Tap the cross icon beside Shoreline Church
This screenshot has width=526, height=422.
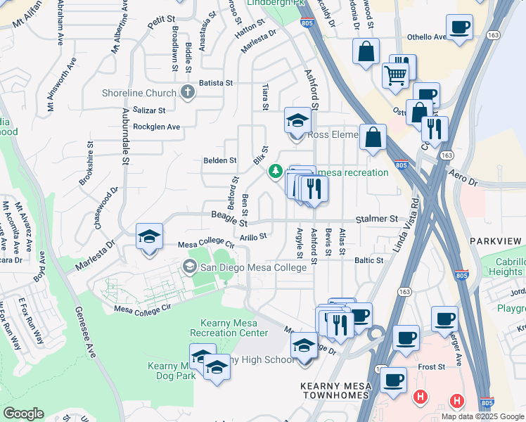[187, 92]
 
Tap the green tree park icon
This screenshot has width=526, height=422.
[276, 171]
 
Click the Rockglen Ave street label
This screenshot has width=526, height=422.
[158, 127]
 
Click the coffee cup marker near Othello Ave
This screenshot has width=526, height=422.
[459, 27]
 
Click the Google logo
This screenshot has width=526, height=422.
[23, 414]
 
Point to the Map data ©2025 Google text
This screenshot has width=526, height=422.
[482, 416]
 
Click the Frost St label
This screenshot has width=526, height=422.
[431, 366]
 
